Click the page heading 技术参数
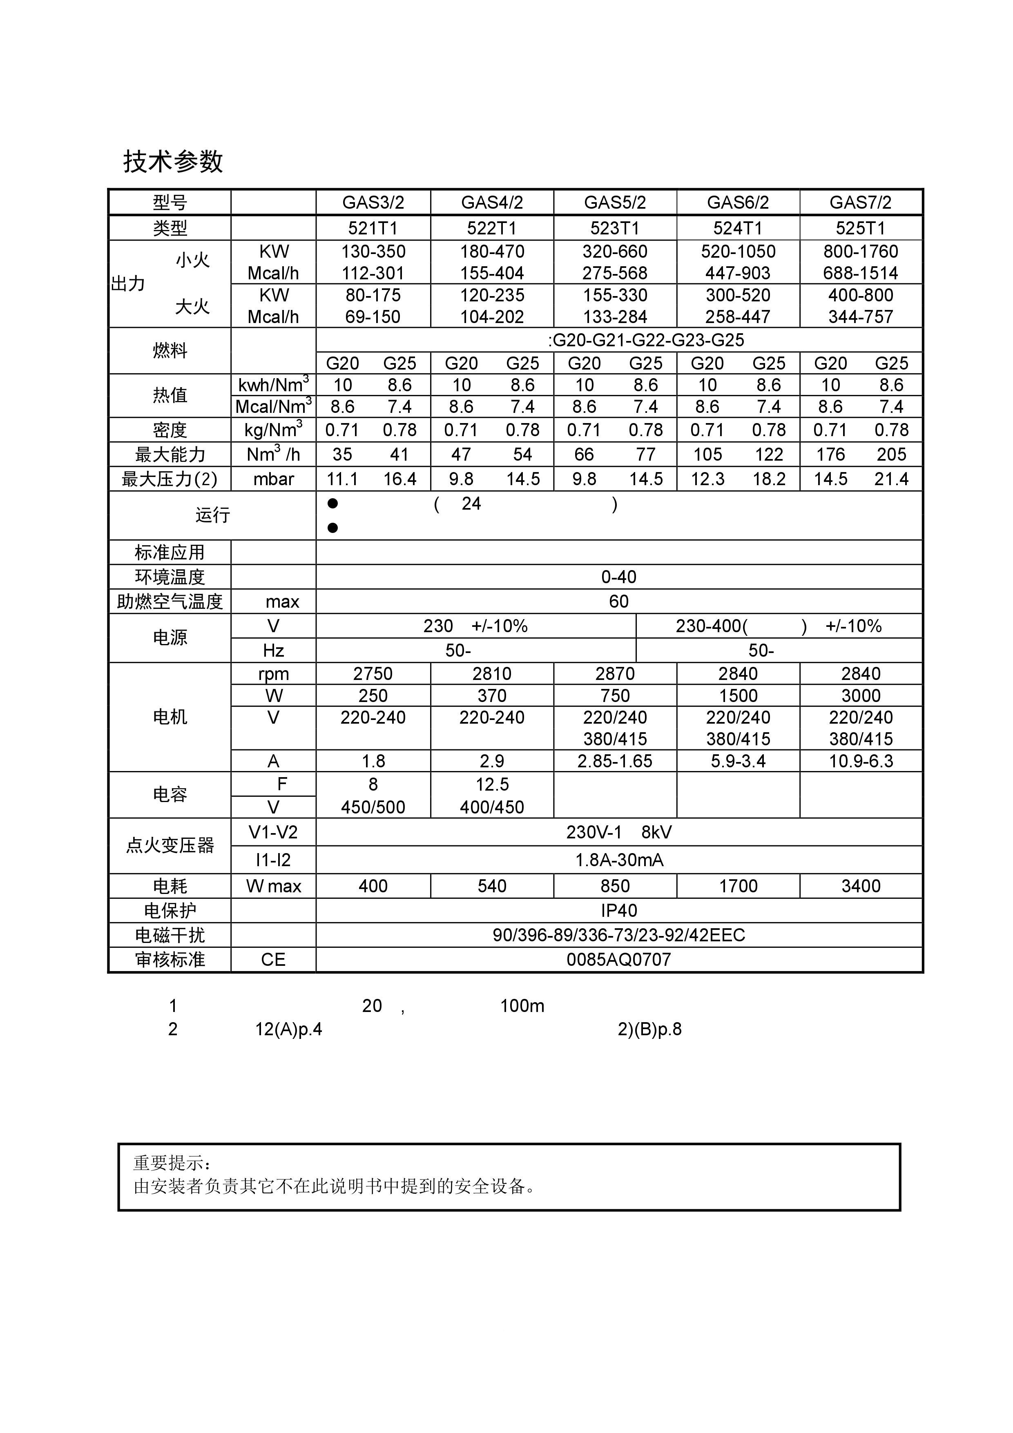tap(173, 162)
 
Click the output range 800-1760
tap(860, 252)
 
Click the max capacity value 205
tap(891, 455)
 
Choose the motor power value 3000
tap(860, 695)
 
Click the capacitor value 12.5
tap(492, 784)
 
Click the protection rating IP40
tap(618, 911)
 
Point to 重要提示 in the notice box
tap(172, 1163)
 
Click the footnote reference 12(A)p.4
tap(288, 1029)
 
